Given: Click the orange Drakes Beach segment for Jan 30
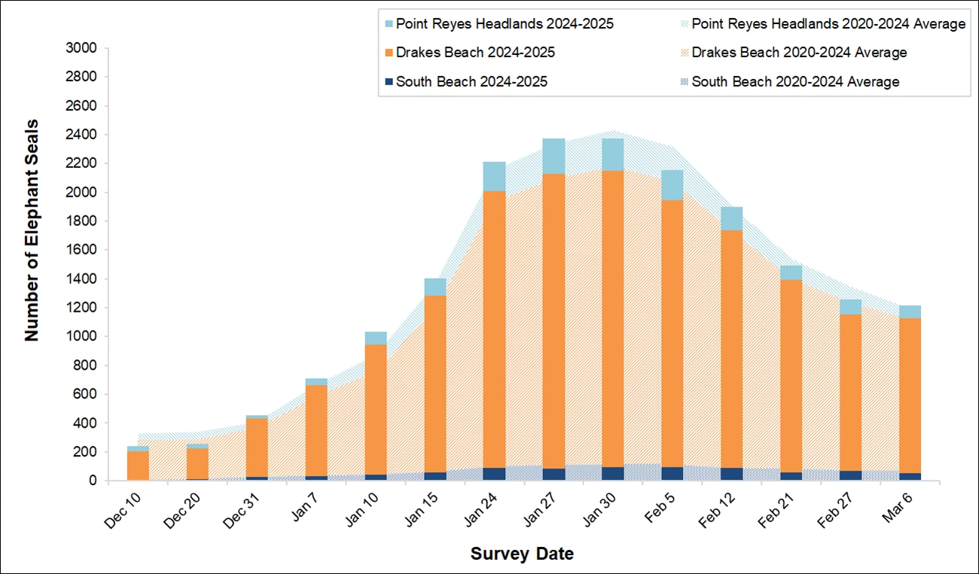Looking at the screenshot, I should [612, 316].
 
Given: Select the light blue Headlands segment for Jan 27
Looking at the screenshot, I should [554, 156].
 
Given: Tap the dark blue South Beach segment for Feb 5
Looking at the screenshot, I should [672, 473].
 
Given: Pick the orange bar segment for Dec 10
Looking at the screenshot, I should [138, 466].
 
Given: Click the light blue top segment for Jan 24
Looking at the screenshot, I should [494, 176].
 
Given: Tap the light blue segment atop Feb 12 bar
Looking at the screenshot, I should [730, 218].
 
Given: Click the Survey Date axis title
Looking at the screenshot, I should [522, 554].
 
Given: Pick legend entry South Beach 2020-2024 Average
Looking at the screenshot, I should [794, 81].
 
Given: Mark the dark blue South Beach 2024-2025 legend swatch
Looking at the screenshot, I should [389, 81].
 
